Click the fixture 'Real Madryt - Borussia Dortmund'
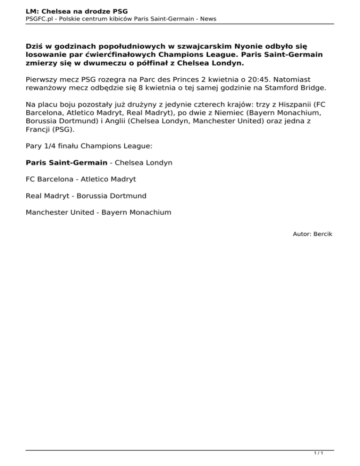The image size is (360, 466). click(86, 195)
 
